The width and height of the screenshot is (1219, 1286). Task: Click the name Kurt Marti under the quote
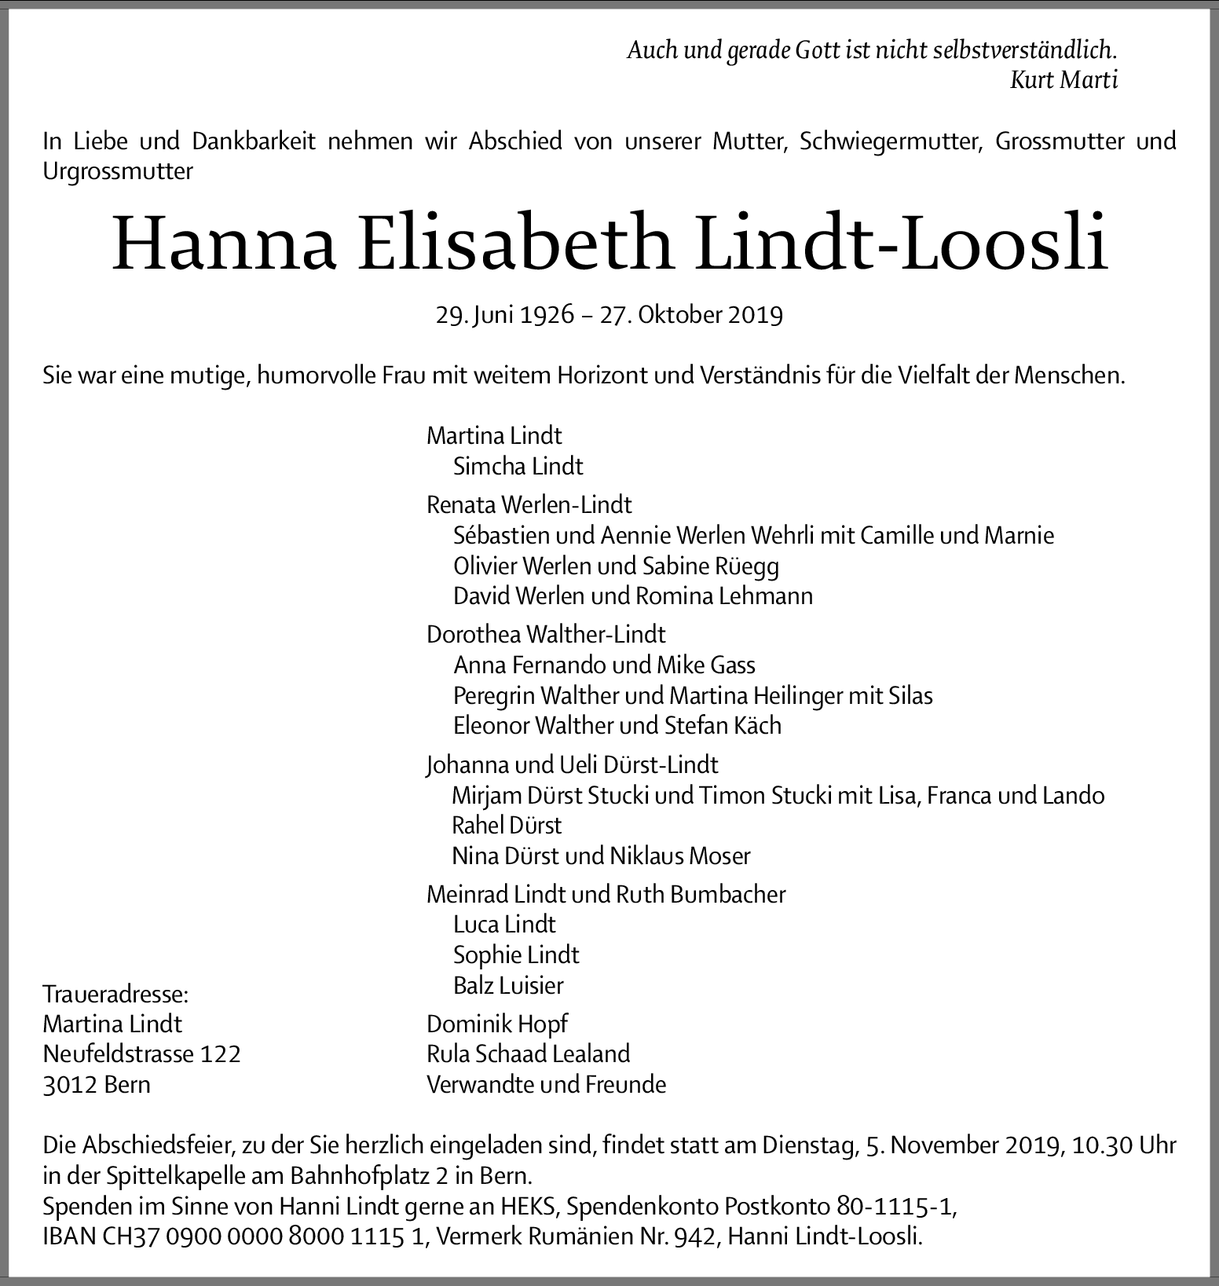point(1063,80)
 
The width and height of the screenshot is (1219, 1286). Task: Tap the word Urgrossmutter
point(118,171)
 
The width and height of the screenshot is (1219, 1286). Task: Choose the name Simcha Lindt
point(518,466)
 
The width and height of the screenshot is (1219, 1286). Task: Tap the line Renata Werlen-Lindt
point(529,504)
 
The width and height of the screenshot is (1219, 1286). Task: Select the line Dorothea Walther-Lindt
point(546,634)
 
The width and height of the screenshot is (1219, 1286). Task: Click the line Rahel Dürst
point(507,825)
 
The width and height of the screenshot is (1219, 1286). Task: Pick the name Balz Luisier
point(508,985)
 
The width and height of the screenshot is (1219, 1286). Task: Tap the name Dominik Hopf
point(496,1024)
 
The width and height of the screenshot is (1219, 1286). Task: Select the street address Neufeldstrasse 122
point(141,1053)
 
